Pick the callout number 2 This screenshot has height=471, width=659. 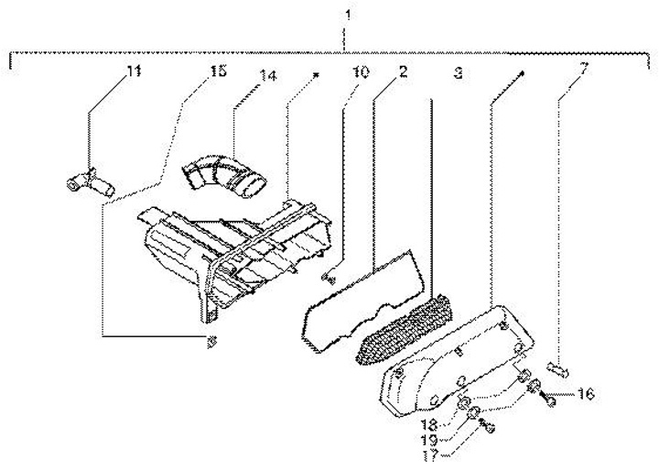point(404,71)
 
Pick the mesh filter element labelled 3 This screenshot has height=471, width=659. point(405,327)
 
